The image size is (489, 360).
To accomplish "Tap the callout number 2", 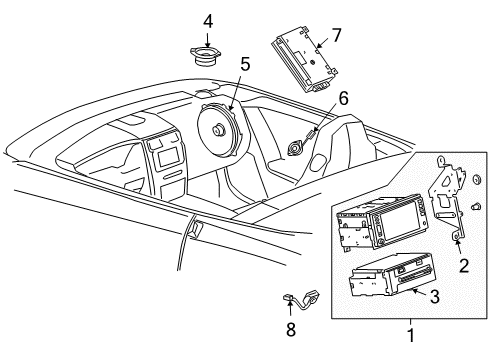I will (462, 265).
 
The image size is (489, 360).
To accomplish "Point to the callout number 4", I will (208, 20).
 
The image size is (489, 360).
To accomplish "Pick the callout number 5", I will (245, 65).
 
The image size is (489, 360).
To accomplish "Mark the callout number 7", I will (336, 35).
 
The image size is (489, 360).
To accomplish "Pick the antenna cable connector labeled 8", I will (294, 295).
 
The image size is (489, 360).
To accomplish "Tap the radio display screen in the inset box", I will (394, 226).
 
